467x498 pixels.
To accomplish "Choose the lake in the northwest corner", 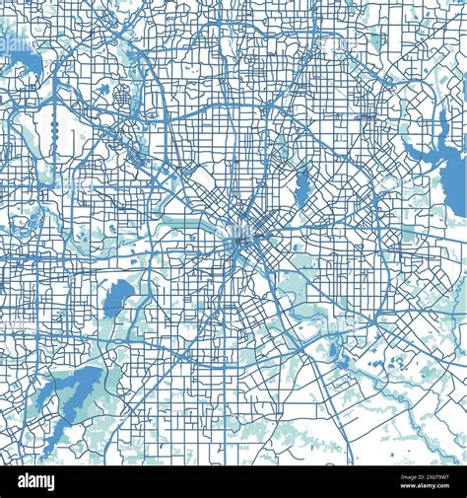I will coord(22,65).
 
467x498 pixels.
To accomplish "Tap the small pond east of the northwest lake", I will coord(103,90).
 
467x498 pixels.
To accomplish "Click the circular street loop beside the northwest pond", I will coord(122,98).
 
